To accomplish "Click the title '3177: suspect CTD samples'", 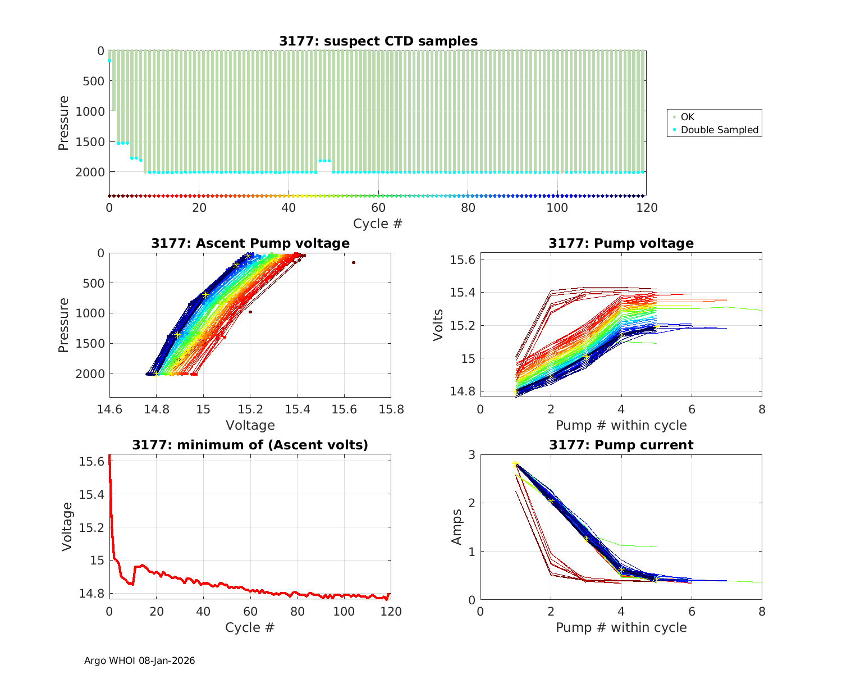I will (x=378, y=41).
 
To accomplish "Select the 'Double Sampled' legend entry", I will (x=719, y=130).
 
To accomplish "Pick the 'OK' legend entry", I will (x=687, y=117).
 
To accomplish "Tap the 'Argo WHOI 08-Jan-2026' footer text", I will (x=139, y=661).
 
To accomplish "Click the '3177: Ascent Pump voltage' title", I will (x=250, y=243).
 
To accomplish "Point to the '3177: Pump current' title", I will (x=621, y=445).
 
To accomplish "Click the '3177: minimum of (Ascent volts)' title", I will (x=250, y=445).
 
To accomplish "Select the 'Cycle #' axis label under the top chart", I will (x=378, y=224).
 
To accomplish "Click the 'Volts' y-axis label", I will (x=438, y=325).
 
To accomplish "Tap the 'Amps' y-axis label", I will (x=457, y=526).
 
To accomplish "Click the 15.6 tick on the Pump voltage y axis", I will (x=463, y=259).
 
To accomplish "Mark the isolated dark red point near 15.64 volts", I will (x=354, y=262).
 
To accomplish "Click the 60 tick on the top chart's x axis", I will (x=378, y=207).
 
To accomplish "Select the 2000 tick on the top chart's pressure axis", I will (x=89, y=172).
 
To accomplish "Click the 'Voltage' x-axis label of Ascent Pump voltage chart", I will (x=250, y=425).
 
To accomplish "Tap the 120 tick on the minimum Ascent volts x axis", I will (x=391, y=612).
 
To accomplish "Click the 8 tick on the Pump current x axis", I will (x=761, y=612).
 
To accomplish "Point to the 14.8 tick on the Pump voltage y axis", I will (x=463, y=391).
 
